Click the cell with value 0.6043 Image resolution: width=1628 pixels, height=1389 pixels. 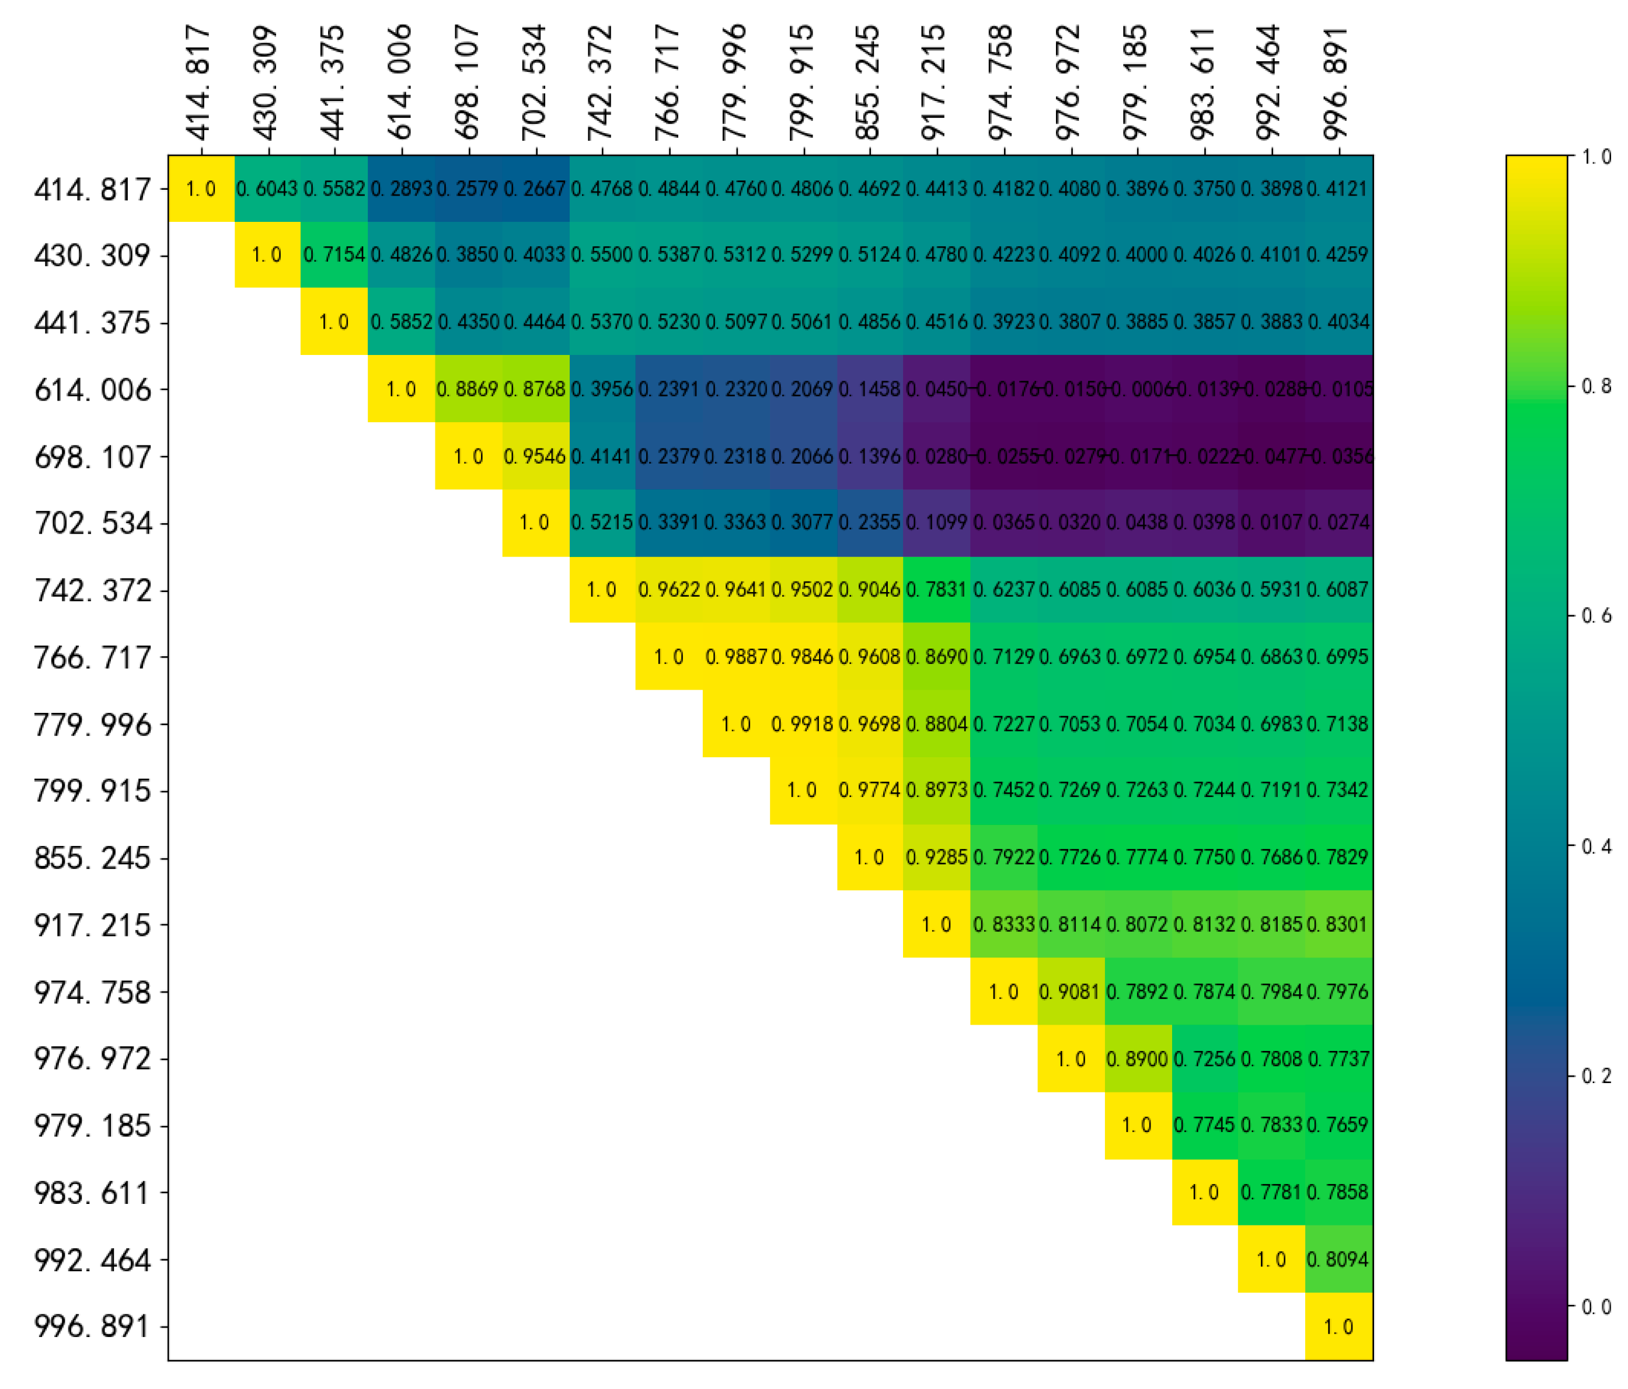click(x=267, y=189)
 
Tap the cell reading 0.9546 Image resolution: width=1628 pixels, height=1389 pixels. click(x=535, y=456)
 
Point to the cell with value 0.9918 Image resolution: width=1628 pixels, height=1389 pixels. click(x=802, y=724)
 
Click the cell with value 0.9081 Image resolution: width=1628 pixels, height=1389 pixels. click(x=1070, y=992)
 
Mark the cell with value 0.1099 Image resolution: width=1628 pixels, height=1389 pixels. click(x=936, y=523)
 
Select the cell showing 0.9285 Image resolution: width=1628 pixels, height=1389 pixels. click(x=936, y=857)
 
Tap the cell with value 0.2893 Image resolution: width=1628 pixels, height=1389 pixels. click(x=400, y=189)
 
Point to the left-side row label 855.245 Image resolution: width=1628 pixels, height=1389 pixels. click(x=93, y=858)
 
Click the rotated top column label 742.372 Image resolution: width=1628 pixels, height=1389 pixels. click(x=601, y=82)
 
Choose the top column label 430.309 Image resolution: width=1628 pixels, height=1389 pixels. click(x=267, y=82)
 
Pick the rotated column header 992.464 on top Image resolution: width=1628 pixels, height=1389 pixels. click(x=1271, y=82)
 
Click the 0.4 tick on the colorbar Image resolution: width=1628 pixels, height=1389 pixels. click(x=1595, y=846)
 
